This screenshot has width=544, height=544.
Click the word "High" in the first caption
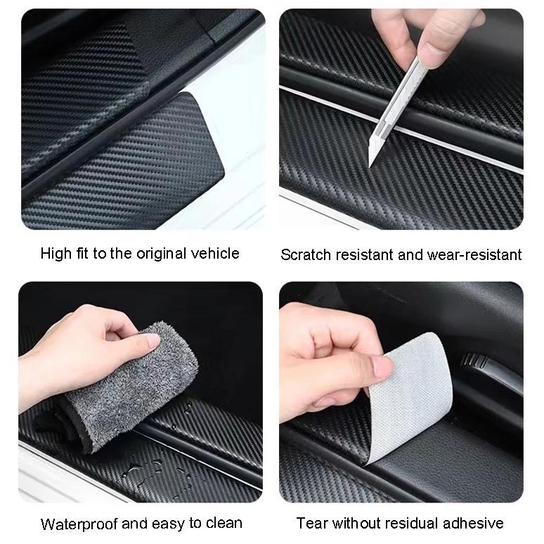(56, 254)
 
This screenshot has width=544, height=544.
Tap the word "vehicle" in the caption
(215, 254)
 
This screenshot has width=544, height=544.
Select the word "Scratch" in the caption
(305, 254)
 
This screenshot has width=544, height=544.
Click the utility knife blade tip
(372, 166)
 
